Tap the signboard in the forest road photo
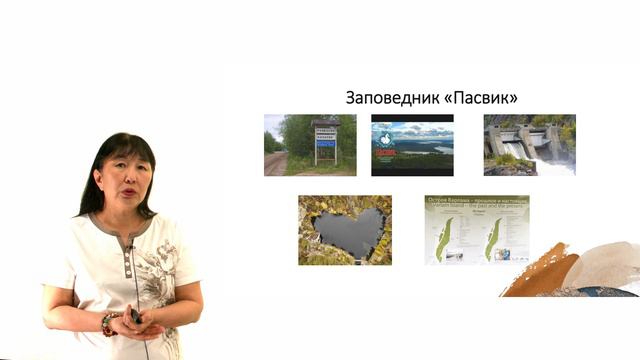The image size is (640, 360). coord(326,139)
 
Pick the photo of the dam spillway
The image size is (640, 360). coord(529,145)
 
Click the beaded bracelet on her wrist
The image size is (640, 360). coord(106,323)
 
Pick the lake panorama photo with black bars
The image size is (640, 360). coord(412,145)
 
